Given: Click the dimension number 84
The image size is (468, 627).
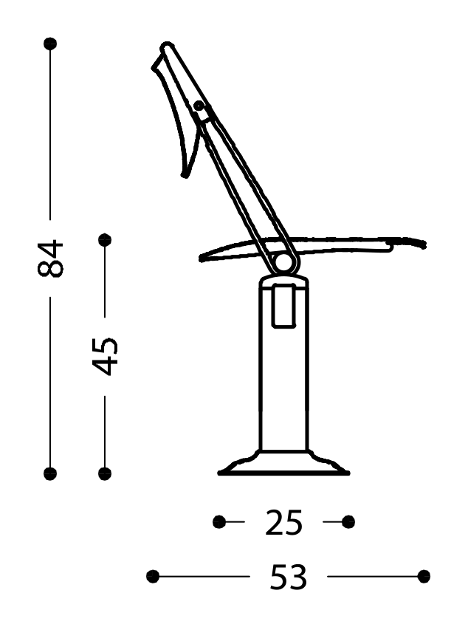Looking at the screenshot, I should click(51, 258).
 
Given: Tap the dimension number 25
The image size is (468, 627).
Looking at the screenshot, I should click(284, 523).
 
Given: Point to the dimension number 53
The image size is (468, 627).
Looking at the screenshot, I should click(288, 577).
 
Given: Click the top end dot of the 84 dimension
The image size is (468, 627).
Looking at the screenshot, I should click(50, 44).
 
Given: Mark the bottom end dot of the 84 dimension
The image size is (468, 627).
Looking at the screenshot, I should click(50, 473).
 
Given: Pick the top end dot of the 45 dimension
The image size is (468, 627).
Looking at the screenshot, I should click(105, 240).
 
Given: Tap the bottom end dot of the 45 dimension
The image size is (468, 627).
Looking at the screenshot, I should click(105, 473).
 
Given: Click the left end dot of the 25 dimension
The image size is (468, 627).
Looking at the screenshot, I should click(218, 522).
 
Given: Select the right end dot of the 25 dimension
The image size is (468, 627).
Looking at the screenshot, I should click(348, 522).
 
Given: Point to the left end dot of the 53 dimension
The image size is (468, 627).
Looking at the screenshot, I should click(153, 576).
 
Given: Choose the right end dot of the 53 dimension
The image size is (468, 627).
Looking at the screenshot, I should click(424, 576).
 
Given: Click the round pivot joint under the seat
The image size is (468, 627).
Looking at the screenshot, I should click(283, 264).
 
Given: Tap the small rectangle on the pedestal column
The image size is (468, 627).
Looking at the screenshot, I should click(283, 306).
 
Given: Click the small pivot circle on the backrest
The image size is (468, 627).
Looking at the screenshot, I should click(199, 106).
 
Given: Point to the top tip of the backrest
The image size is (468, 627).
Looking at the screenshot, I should click(167, 47).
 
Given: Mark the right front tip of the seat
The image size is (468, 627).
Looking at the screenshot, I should click(424, 244).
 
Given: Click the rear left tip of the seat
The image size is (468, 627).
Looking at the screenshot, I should click(202, 258).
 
